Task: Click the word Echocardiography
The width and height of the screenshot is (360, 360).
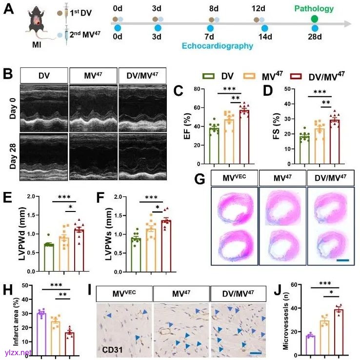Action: click(218, 46)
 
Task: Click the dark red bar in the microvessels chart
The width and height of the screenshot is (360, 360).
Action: click(339, 332)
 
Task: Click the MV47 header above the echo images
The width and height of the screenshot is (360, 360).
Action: click(93, 76)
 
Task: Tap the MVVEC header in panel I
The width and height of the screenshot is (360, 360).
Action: click(124, 295)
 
